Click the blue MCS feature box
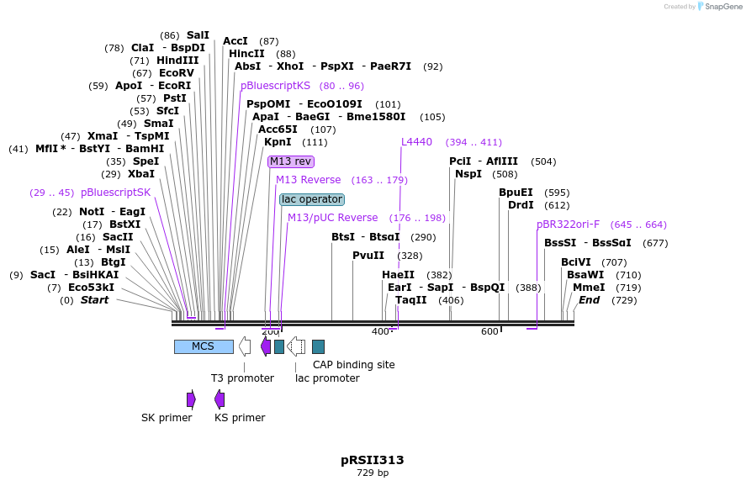click(x=204, y=346)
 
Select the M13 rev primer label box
click(x=290, y=161)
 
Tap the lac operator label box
click(x=312, y=199)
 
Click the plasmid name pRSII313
click(x=373, y=460)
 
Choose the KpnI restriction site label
click(x=278, y=142)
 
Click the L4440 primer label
click(x=416, y=142)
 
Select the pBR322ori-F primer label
click(x=569, y=225)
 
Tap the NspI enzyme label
click(x=468, y=174)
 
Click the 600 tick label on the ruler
click(x=490, y=331)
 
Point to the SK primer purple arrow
click(x=191, y=399)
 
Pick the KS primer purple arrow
click(x=220, y=399)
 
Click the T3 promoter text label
click(x=242, y=378)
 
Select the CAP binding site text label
click(x=353, y=365)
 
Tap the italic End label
click(x=589, y=300)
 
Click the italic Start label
click(x=94, y=300)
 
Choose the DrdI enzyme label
click(x=521, y=205)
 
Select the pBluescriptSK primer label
click(x=115, y=193)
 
